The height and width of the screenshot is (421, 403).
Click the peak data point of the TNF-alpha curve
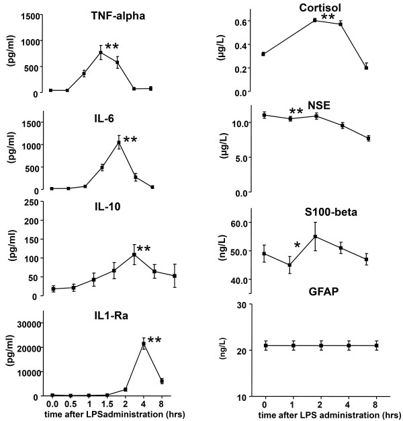tap(101, 52)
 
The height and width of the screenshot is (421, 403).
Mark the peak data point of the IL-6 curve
tap(119, 143)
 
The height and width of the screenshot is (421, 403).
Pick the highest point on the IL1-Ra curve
tap(143, 344)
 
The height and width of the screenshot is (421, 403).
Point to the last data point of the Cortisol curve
tap(366, 67)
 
